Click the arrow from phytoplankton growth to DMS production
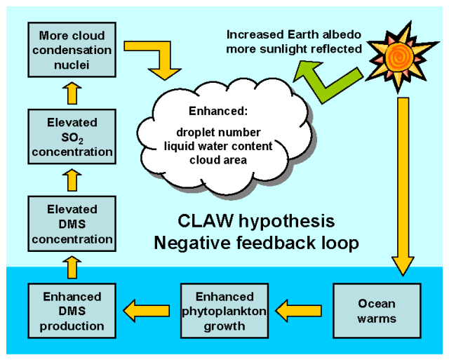tap(147, 307)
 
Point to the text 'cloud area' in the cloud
tap(217, 159)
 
